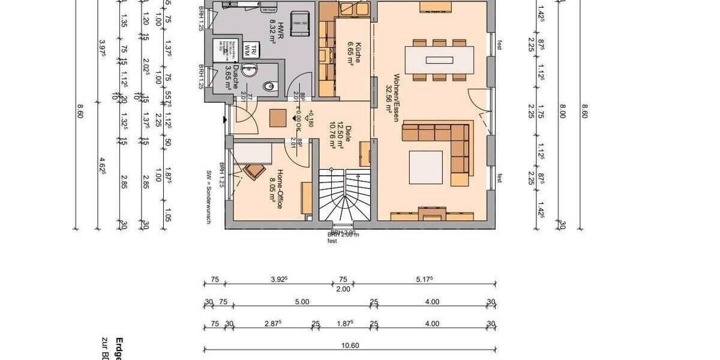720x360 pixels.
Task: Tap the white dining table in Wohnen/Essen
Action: coord(440,59)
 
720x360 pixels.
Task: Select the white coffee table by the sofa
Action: coord(426,166)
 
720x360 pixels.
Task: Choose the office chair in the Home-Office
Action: coord(253,171)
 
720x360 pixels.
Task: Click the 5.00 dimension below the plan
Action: coord(302,302)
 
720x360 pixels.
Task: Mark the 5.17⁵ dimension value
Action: coord(425,280)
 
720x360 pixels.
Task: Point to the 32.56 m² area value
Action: coord(389,99)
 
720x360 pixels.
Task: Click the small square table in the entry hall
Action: coord(278,118)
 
